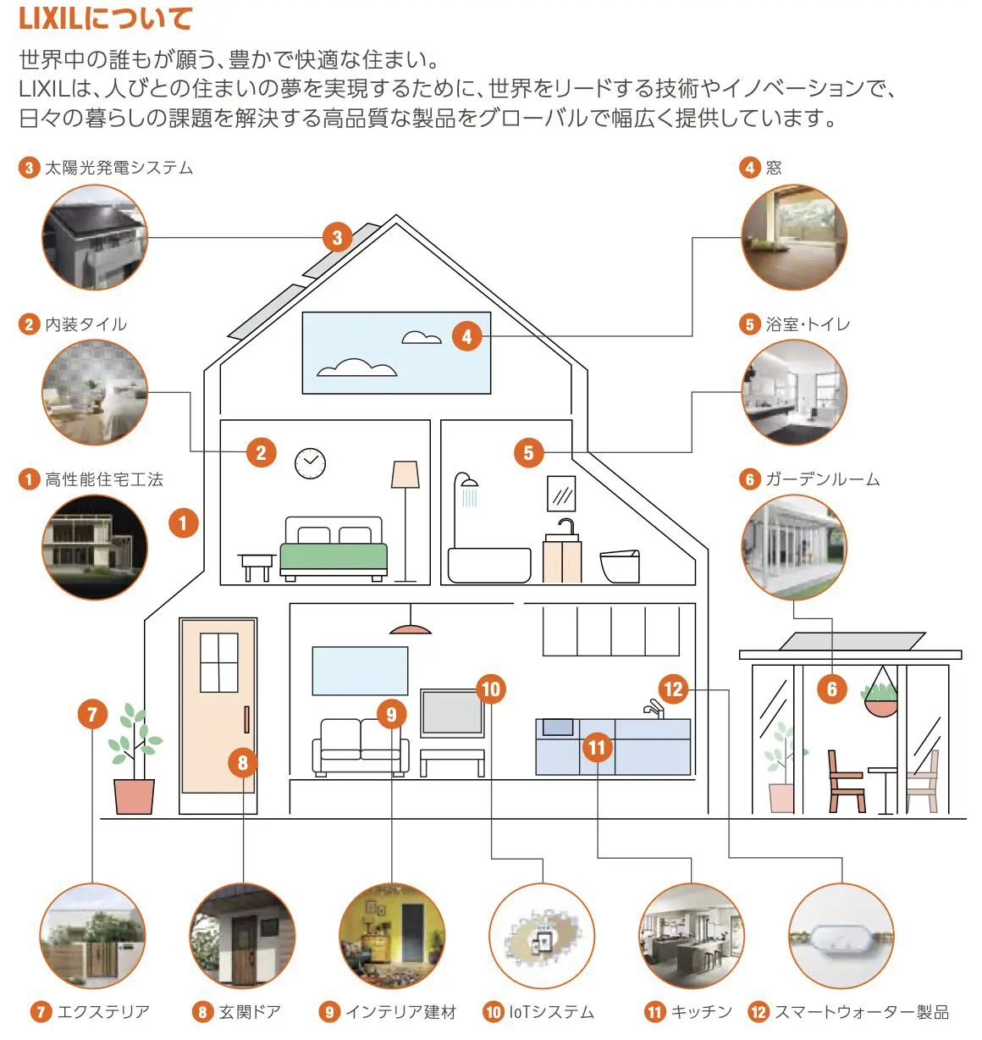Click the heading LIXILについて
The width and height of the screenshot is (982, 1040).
[106, 19]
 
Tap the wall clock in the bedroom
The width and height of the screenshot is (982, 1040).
[310, 462]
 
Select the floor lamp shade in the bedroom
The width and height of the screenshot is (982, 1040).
[405, 474]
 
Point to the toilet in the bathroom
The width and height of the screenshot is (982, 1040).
[620, 566]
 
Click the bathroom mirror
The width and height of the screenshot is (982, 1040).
[561, 493]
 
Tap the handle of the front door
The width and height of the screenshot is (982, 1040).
[246, 719]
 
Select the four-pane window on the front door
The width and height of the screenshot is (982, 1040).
[218, 662]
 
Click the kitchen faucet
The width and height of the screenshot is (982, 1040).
[653, 708]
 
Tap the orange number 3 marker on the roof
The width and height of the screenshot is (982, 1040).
[337, 238]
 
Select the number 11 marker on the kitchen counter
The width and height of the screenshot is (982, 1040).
[597, 747]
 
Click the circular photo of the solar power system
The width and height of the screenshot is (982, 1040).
[95, 238]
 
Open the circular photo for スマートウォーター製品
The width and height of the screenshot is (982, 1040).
[841, 936]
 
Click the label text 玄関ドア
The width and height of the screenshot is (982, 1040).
[250, 1012]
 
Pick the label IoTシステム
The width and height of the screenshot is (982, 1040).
[551, 1012]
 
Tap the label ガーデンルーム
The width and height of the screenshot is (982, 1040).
[822, 479]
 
